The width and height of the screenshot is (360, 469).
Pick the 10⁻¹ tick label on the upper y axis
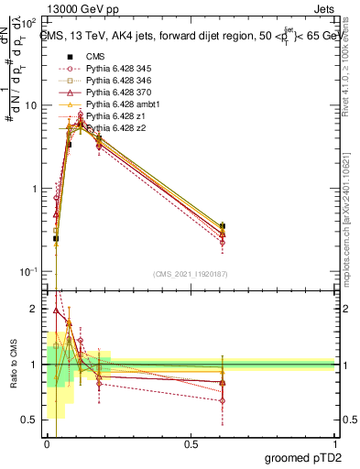27,272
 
